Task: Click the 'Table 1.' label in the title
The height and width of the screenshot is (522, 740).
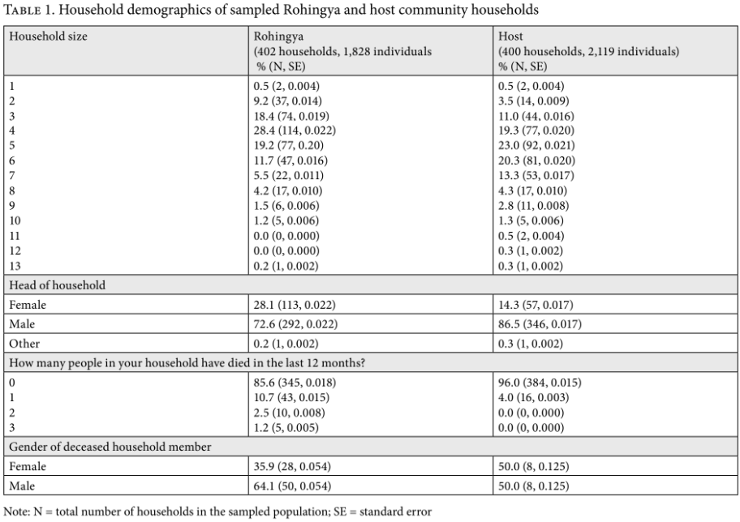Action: [x=29, y=10]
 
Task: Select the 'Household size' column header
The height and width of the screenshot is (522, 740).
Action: [x=48, y=36]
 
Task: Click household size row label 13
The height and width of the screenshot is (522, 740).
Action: [x=15, y=266]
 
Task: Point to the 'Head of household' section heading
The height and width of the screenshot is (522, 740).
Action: [x=57, y=285]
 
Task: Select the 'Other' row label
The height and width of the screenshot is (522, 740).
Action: [x=24, y=344]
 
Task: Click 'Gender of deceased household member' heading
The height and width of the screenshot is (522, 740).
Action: [x=110, y=447]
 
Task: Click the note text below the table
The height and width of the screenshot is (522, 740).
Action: [x=217, y=511]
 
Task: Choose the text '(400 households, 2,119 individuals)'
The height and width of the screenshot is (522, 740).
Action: [x=589, y=51]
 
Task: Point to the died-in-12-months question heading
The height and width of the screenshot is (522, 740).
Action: [x=187, y=363]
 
